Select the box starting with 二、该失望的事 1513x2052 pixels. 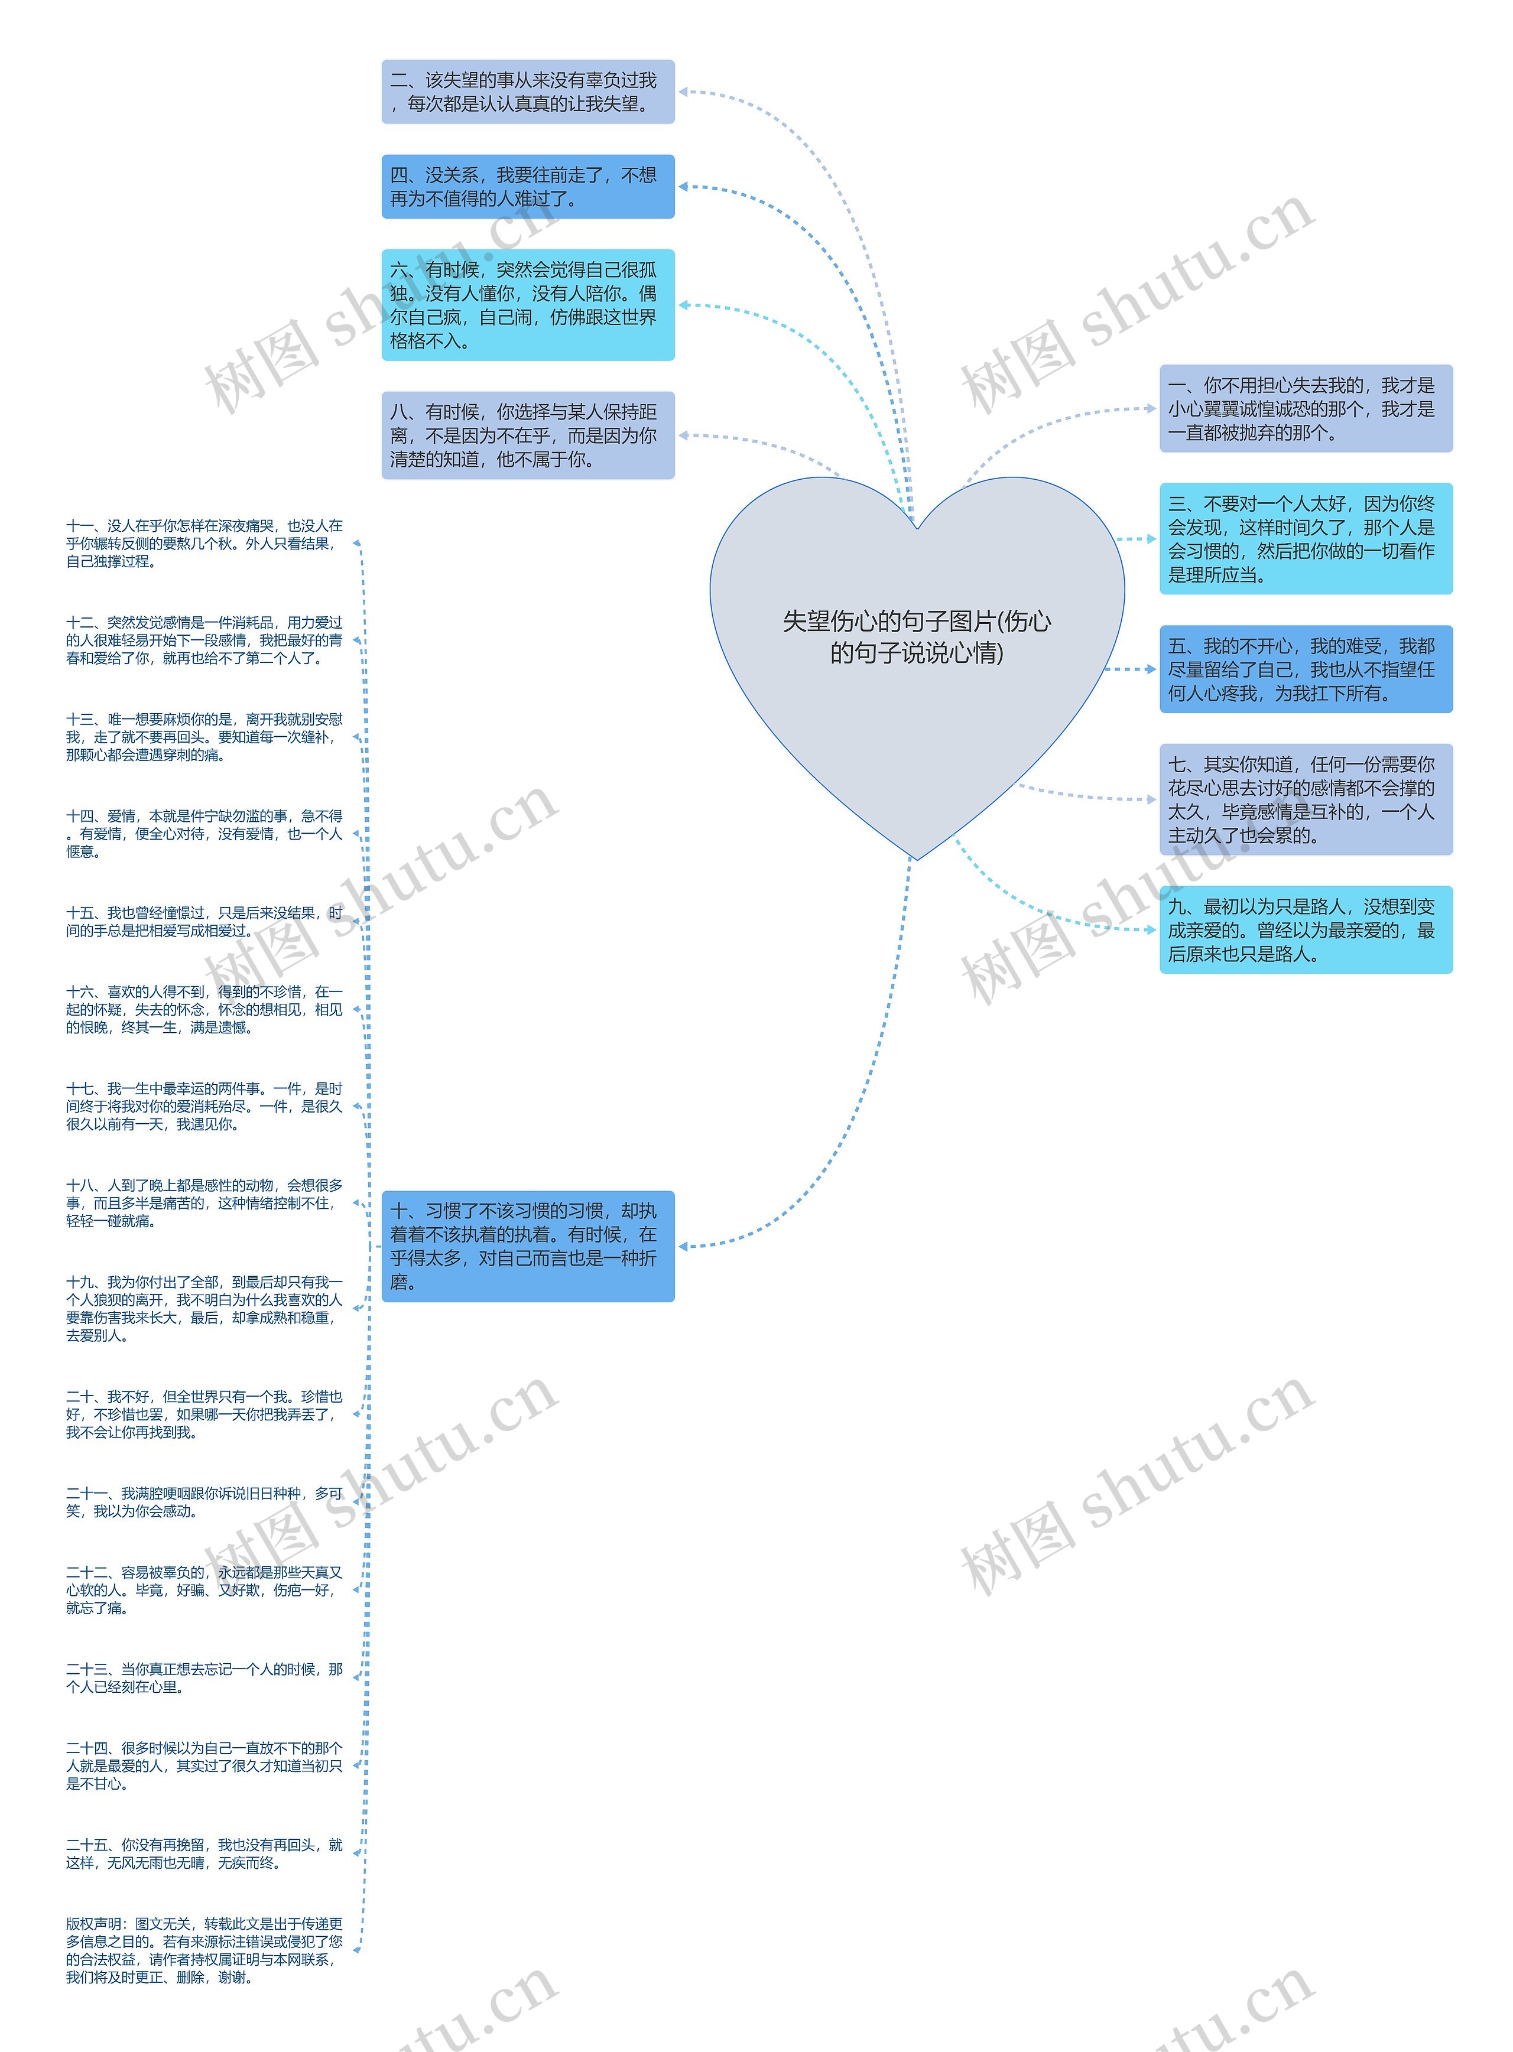point(528,92)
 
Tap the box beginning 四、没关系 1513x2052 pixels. point(528,187)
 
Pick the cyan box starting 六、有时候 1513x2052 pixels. point(528,305)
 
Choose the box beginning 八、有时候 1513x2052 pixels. point(528,436)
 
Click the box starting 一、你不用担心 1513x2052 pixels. point(1305,408)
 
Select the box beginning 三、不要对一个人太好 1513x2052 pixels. point(1305,539)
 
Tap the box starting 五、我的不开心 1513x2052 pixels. point(1305,669)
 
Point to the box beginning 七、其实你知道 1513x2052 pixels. point(1305,799)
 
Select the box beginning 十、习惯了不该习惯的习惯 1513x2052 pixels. point(528,1246)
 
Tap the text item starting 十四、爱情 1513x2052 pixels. point(203,833)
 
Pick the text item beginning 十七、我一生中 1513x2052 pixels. point(203,1106)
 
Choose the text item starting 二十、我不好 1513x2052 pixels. point(203,1414)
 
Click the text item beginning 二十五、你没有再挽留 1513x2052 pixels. point(203,1853)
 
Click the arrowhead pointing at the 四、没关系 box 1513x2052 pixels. point(683,187)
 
